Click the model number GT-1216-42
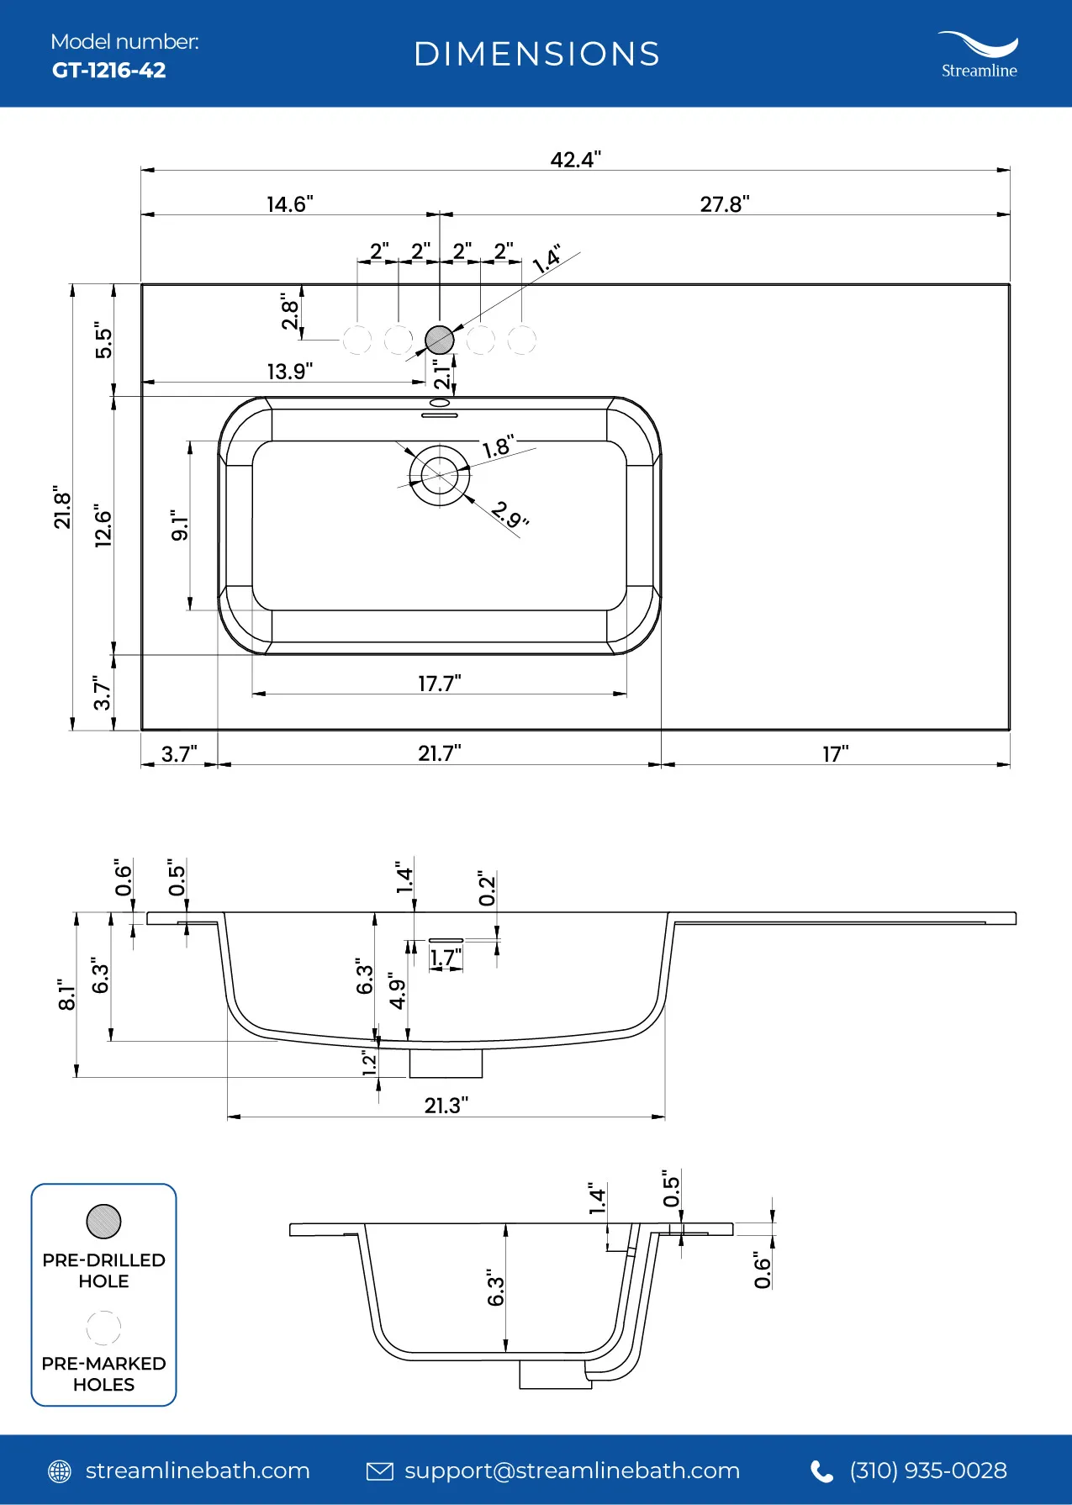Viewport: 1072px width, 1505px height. (108, 71)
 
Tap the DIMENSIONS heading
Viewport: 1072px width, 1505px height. (536, 55)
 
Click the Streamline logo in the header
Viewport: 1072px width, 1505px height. (979, 55)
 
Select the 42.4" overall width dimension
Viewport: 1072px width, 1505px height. (576, 160)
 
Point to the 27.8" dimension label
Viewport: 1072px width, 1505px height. (725, 204)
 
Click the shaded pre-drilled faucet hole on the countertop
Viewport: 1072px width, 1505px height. (440, 340)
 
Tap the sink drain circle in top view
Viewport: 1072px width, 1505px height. (440, 476)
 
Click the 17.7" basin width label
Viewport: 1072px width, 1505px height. (440, 683)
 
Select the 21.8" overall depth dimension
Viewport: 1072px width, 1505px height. (63, 507)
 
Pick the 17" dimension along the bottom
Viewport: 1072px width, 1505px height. (836, 753)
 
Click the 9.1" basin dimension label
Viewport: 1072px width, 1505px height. (180, 525)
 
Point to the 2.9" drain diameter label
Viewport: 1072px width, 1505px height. (510, 514)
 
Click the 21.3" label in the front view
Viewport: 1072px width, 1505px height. (446, 1106)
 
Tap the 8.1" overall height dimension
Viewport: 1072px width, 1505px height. (66, 995)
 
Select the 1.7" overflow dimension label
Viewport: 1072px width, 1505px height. (446, 958)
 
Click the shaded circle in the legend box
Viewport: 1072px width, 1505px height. (103, 1221)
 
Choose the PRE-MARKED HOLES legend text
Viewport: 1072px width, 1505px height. (103, 1374)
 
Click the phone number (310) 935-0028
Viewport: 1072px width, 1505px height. (927, 1471)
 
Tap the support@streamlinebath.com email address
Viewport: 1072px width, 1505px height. (572, 1471)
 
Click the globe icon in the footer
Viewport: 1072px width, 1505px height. (60, 1471)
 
